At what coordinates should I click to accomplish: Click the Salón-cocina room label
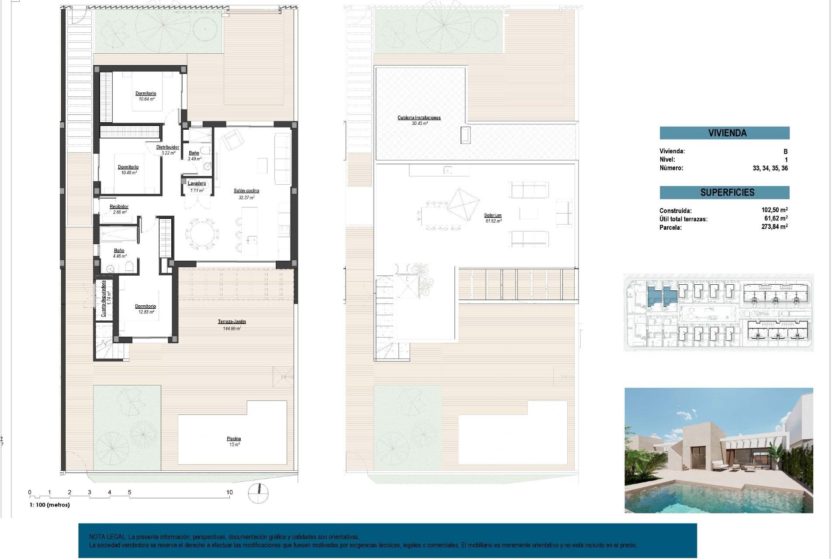coord(246,191)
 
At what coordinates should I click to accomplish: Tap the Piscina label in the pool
coord(234,439)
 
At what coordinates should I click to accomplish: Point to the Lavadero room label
coord(197,184)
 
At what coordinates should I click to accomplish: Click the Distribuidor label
coord(168,148)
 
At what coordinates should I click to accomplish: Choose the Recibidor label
coord(119,207)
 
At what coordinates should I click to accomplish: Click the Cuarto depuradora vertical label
coord(104,298)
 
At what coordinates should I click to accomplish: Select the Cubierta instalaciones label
coord(419,118)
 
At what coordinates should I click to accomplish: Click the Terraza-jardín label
coord(232,322)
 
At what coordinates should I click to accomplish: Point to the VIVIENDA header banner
coord(724,133)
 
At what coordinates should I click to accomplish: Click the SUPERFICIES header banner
coord(724,193)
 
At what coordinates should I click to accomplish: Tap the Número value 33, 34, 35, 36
coord(770,168)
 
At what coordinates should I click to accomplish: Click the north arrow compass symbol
coord(258,493)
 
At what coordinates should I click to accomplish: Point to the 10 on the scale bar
coord(229,492)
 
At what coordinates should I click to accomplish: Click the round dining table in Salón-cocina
coord(202,234)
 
